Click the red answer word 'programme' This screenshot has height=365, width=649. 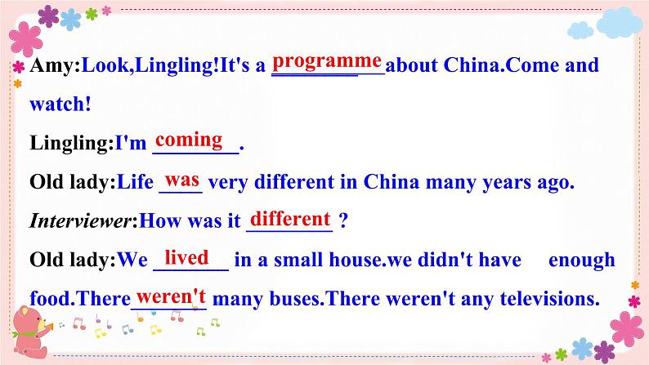(x=327, y=61)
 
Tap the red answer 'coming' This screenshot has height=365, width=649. (x=189, y=140)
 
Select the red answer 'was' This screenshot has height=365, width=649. (x=182, y=179)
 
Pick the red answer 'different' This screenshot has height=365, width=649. (x=290, y=219)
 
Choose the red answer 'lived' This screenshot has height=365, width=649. (x=186, y=258)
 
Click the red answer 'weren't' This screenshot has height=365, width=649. (x=171, y=295)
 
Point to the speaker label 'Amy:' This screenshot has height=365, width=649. (x=56, y=65)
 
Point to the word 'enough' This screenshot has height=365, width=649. (x=581, y=260)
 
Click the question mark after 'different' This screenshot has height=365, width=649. (x=343, y=221)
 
